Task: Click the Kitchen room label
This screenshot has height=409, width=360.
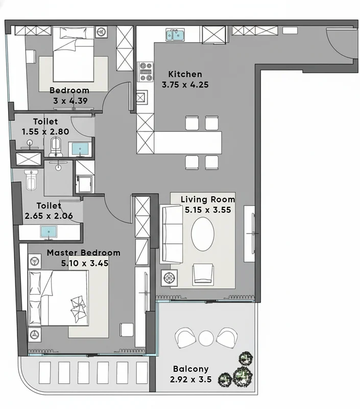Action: (185, 74)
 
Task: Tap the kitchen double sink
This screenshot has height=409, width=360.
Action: (175, 35)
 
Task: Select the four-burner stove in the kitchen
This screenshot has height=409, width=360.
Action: (146, 72)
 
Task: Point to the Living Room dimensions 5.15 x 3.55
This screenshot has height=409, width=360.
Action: (208, 210)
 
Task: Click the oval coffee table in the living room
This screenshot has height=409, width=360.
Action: (203, 234)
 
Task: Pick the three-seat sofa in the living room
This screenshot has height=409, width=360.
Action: (172, 234)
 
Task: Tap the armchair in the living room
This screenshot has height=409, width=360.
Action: (203, 274)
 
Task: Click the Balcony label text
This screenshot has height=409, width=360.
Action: (190, 369)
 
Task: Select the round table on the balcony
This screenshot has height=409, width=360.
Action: (206, 338)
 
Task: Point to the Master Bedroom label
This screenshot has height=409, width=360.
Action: (83, 253)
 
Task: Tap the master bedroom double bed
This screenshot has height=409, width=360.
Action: (58, 298)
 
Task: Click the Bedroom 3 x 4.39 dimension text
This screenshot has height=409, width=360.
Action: (70, 101)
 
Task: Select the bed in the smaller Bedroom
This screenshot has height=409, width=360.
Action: (73, 54)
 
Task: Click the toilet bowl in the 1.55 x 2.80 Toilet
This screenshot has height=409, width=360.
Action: (56, 147)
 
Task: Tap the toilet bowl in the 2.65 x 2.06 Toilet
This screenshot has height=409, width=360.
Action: (31, 180)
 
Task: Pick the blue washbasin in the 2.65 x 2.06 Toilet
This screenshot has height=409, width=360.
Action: (49, 232)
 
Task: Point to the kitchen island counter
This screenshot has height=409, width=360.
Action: (187, 143)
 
